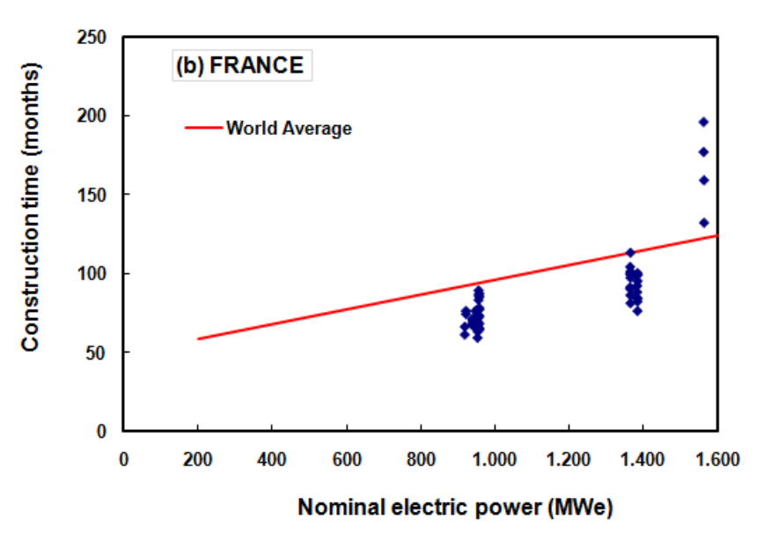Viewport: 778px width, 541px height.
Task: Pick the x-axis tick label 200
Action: point(197,458)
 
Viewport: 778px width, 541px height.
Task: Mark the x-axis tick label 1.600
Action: point(717,458)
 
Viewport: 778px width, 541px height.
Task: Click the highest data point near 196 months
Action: point(703,122)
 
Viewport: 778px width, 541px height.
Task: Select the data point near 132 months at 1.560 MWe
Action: point(703,222)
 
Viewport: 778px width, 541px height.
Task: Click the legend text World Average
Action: point(289,129)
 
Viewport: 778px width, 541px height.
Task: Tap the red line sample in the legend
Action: point(203,129)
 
